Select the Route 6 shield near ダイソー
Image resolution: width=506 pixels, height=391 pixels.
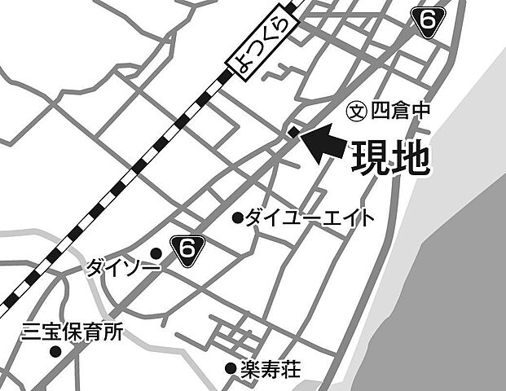coord(187,250)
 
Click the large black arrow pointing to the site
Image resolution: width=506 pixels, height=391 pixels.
coord(322,143)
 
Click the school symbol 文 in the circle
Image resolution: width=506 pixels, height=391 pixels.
coord(356,109)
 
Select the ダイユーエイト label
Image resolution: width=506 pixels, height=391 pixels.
coord(310,217)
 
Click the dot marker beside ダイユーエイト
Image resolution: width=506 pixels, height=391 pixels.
coord(238,217)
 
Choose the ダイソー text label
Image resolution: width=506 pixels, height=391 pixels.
coord(117,266)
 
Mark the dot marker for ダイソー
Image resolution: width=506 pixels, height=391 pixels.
coord(156,253)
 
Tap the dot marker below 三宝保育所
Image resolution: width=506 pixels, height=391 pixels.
coord(55,352)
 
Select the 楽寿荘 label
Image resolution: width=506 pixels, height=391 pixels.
coord(271,370)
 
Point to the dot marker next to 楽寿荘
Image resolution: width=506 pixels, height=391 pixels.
coord(231,369)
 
